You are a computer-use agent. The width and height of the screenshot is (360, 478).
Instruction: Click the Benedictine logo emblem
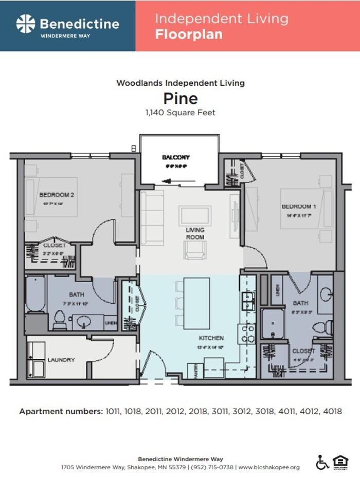25,24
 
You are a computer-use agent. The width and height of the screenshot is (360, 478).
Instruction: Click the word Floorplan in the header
189,35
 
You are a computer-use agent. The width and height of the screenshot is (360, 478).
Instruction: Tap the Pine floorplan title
180,98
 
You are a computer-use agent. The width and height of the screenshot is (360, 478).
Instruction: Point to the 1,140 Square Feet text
180,112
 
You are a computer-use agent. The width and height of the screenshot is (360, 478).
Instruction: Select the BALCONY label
176,157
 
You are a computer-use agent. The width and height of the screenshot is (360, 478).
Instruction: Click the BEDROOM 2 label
57,195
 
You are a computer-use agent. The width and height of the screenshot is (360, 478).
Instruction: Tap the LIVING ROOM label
195,233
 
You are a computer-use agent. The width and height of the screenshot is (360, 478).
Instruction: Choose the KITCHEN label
211,338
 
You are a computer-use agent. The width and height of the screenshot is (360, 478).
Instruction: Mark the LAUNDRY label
61,360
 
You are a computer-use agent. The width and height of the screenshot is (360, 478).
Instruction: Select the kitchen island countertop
196,303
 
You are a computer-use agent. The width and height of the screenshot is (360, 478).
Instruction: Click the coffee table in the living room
194,214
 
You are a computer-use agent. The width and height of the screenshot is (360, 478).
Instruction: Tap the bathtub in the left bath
36,295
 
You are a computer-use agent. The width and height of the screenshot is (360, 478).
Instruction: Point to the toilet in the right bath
323,326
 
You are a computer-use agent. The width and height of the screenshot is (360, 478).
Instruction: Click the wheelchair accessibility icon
322,463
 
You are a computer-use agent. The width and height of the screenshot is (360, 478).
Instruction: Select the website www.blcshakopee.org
269,467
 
